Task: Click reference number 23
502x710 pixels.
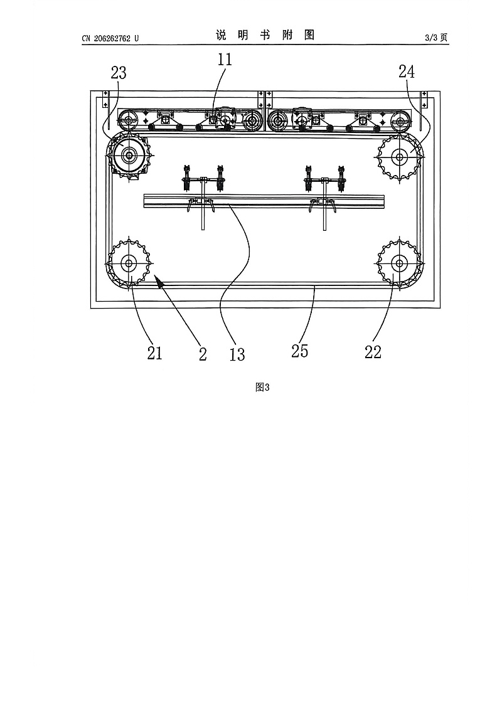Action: click(x=119, y=73)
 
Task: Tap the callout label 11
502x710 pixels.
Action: click(x=224, y=60)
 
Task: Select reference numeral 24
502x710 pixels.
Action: click(x=407, y=71)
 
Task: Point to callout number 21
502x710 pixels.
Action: click(x=154, y=353)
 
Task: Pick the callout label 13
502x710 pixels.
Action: click(x=237, y=354)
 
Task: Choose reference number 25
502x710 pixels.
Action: click(x=300, y=351)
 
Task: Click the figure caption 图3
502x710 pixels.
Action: click(x=262, y=387)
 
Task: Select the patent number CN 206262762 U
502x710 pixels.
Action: click(x=110, y=38)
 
